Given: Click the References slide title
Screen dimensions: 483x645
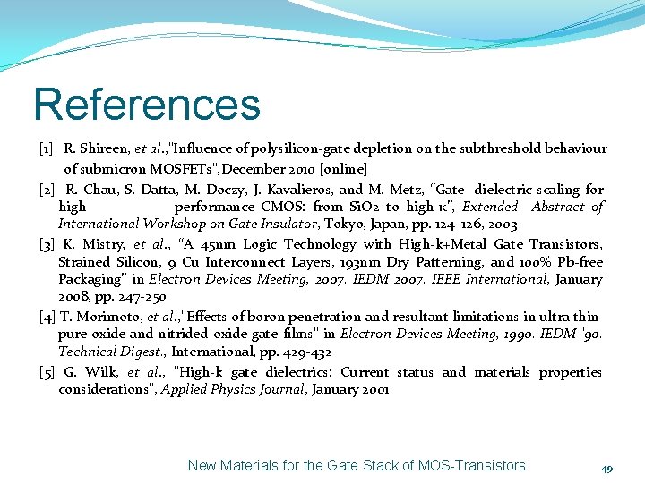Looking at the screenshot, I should [x=147, y=104].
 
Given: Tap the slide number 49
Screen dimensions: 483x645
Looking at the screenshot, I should [x=606, y=468].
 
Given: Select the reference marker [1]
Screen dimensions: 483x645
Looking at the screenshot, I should [x=49, y=148].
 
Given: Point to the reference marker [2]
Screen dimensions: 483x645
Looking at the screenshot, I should [x=49, y=190].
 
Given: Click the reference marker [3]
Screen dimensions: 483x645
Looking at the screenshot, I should [x=49, y=244].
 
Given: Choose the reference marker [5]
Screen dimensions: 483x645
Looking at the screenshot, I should [x=49, y=372].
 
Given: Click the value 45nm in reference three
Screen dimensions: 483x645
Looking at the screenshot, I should [x=220, y=244].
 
